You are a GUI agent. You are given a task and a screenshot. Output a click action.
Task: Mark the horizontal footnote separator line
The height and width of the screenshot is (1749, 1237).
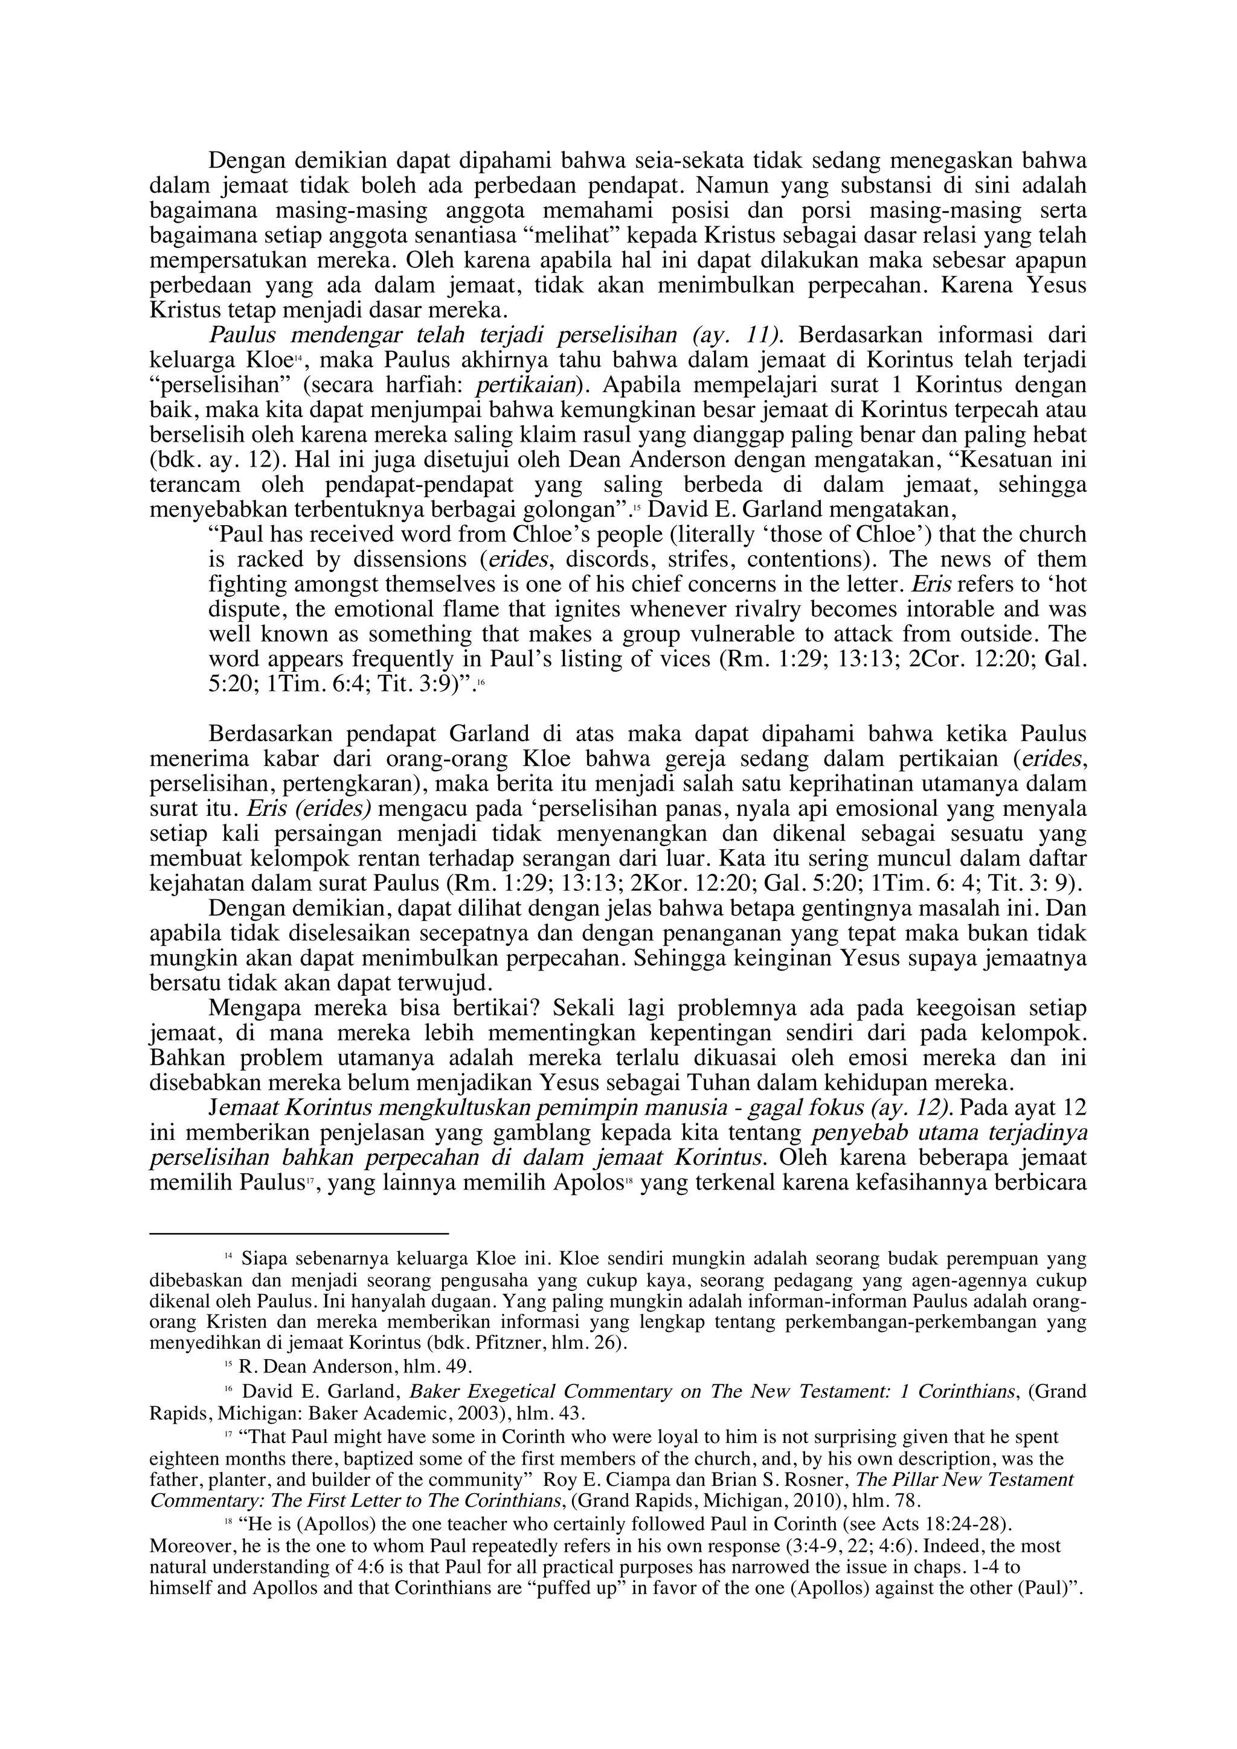[x=299, y=1232]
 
